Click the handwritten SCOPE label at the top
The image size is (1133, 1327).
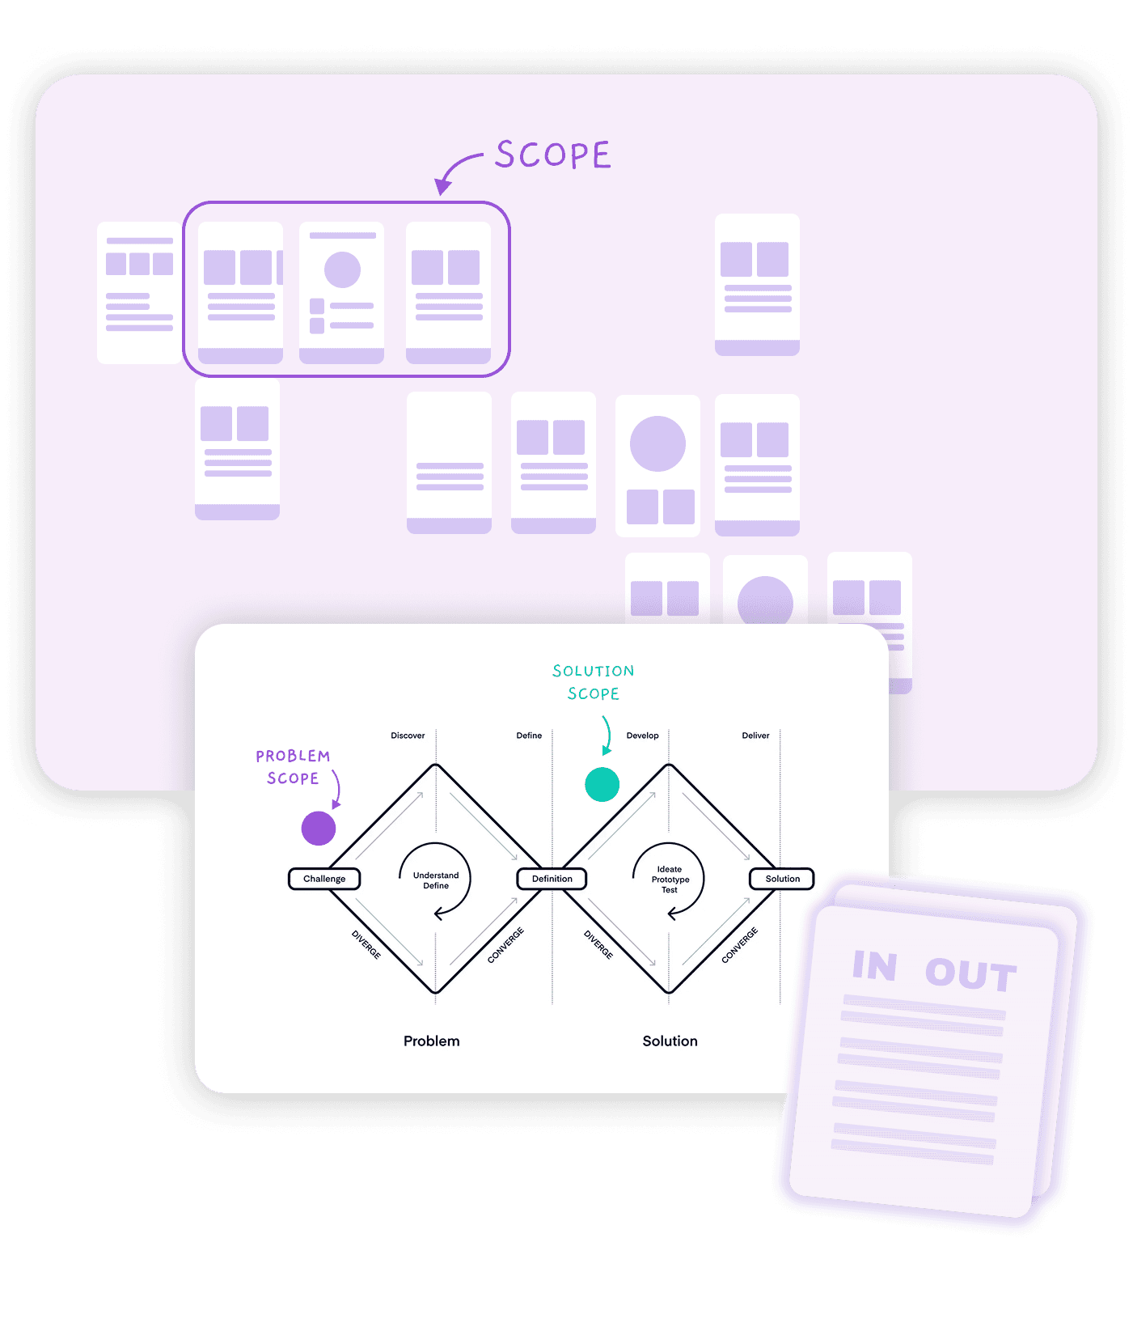(x=553, y=155)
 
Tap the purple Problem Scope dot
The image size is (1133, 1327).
(x=319, y=829)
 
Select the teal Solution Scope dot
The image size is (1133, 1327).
(x=602, y=784)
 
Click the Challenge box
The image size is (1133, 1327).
(x=324, y=879)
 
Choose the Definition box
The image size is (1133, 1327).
(x=552, y=879)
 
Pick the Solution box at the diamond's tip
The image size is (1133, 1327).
(x=782, y=879)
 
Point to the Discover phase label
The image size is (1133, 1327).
(x=408, y=736)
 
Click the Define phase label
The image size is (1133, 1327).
(x=529, y=736)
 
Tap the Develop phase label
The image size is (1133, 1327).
(x=642, y=736)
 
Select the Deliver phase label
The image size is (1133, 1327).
(x=755, y=736)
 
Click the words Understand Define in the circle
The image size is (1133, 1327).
(x=436, y=880)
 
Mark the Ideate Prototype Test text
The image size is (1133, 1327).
(x=670, y=880)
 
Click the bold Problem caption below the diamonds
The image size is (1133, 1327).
(x=431, y=1041)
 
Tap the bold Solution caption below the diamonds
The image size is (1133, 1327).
(x=670, y=1041)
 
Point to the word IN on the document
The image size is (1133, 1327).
(x=875, y=966)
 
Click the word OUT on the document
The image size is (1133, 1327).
(x=970, y=974)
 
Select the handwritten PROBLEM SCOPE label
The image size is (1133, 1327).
(x=293, y=767)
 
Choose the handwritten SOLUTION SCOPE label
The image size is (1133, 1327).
(x=593, y=682)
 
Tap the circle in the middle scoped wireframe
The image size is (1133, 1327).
(x=342, y=269)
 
